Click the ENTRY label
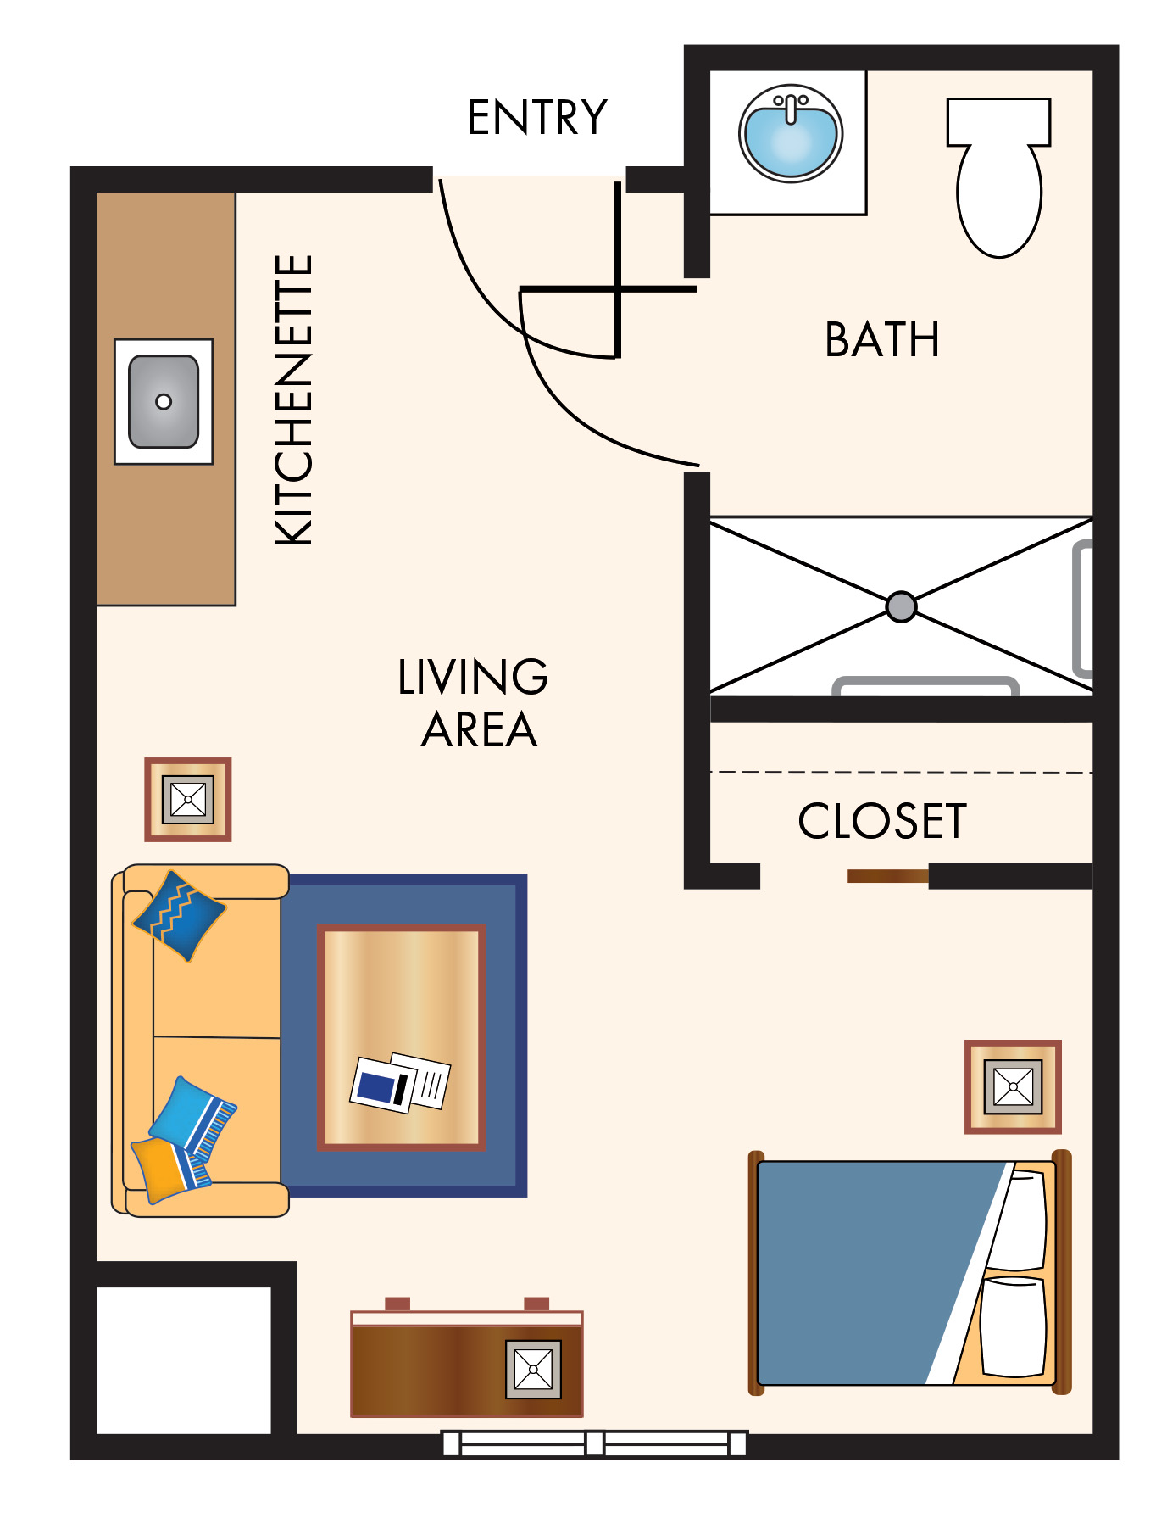(x=537, y=117)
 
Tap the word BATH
(x=882, y=340)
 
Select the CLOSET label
(x=882, y=821)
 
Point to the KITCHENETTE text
(x=294, y=400)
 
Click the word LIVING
(x=473, y=677)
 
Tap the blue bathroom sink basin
(x=791, y=133)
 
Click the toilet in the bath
(x=999, y=177)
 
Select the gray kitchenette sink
(x=164, y=401)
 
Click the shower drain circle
(x=901, y=606)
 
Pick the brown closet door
(x=888, y=876)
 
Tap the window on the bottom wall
(x=594, y=1443)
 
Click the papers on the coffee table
(x=401, y=1083)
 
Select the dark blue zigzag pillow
(x=180, y=916)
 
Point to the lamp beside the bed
(x=1013, y=1086)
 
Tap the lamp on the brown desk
(x=533, y=1370)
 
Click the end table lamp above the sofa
(x=188, y=799)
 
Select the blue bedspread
(x=881, y=1273)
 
